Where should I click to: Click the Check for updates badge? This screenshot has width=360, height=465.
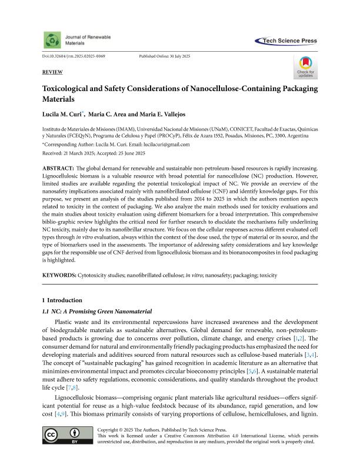pyautogui.click(x=305, y=67)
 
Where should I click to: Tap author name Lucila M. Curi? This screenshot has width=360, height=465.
pyautogui.click(x=63, y=112)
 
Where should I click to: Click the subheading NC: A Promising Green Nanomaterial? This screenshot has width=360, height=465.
pyautogui.click(x=94, y=311)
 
